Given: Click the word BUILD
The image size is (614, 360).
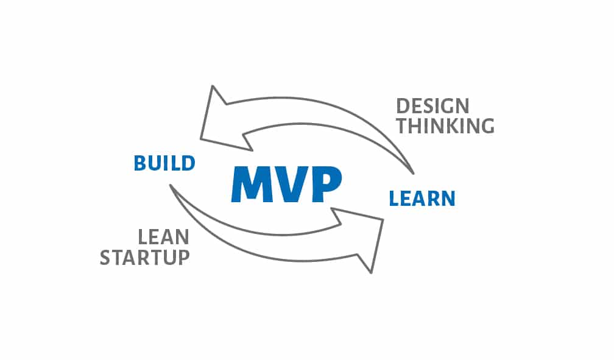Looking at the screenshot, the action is click(x=164, y=163).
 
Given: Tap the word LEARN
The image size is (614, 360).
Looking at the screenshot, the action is click(x=422, y=199).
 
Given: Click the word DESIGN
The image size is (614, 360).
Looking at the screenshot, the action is click(x=432, y=106).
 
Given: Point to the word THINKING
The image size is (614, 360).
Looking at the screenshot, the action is click(x=445, y=126).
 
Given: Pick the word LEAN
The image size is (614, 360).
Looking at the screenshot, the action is click(x=164, y=238).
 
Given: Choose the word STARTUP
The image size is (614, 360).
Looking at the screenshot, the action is click(x=145, y=258).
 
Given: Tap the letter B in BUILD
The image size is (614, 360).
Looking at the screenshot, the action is click(x=140, y=163).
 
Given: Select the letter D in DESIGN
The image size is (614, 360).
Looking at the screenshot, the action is click(x=403, y=106).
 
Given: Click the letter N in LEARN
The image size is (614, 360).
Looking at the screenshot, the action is click(x=449, y=199).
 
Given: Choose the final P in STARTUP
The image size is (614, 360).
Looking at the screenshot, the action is click(x=185, y=258).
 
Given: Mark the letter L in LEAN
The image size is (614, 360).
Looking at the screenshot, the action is click(x=143, y=238).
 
